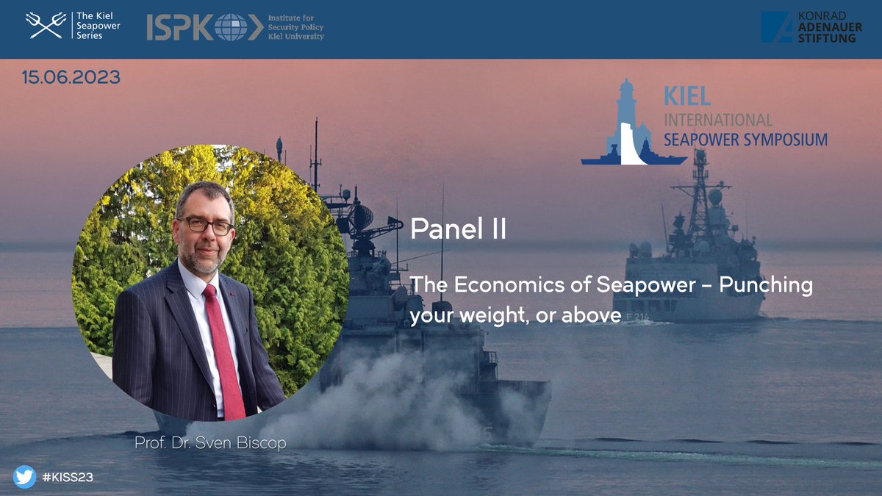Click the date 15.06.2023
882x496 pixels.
point(71,77)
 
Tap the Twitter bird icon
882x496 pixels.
point(24,477)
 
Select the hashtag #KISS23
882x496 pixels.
point(68,478)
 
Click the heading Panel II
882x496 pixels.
point(458,229)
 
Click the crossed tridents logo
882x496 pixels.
point(46,25)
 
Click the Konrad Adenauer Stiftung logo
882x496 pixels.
point(808,27)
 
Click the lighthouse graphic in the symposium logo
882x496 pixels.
point(624,121)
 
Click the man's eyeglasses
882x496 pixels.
point(204,226)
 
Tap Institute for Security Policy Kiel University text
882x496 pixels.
point(295,26)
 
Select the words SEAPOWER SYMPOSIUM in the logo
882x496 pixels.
point(745,139)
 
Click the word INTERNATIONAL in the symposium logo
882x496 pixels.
point(718,120)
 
